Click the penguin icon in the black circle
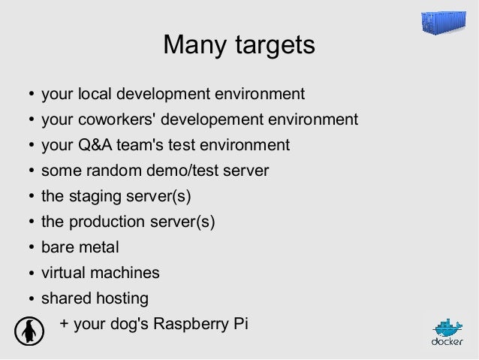tap(29, 330)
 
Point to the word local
tap(94, 94)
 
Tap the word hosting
tap(122, 298)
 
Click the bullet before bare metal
tap(31, 248)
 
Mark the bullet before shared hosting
tap(31, 299)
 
